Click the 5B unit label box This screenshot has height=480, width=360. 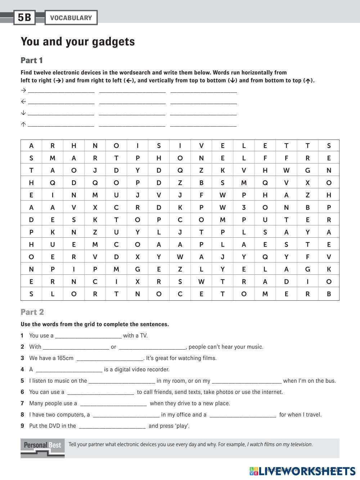[24, 17]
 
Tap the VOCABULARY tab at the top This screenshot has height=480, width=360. [71, 18]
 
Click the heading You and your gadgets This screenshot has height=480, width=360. [77, 41]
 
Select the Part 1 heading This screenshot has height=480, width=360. [32, 60]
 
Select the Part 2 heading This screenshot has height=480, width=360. [32, 312]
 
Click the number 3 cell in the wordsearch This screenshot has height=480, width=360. [244, 207]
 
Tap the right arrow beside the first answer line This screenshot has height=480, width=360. [23, 90]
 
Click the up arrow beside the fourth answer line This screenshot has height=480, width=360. [23, 125]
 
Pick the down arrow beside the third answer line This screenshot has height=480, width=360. [23, 113]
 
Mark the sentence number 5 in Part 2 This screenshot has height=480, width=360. [22, 381]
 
